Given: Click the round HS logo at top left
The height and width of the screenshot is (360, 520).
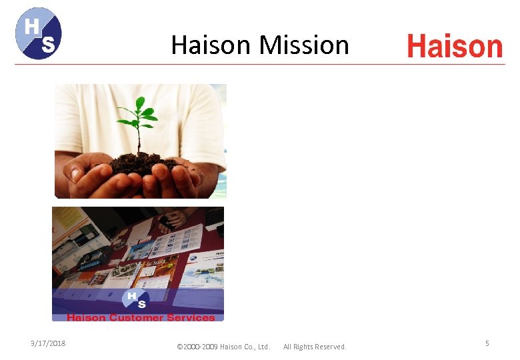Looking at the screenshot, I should point(39,33).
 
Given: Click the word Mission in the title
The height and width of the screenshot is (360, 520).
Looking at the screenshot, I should point(304,45).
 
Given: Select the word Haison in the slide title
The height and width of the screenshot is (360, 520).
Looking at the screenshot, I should point(212,45).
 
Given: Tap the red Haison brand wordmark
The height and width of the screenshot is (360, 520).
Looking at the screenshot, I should point(455,46).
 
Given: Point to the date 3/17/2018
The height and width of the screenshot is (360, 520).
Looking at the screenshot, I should point(47,343).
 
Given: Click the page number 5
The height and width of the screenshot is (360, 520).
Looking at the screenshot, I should point(487,343).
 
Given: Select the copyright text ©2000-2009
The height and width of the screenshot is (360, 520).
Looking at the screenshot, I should point(197,347).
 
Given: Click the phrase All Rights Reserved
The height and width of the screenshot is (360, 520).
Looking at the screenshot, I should point(315,347).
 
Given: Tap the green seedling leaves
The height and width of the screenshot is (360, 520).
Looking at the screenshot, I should point(139,115).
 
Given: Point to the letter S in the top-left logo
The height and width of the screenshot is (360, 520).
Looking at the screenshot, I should point(48,45).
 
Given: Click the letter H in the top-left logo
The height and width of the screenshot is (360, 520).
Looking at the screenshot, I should point(31,27).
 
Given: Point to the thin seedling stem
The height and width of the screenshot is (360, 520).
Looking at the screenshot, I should point(139,140).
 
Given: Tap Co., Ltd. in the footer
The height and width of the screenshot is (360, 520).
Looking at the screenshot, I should point(257,347).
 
